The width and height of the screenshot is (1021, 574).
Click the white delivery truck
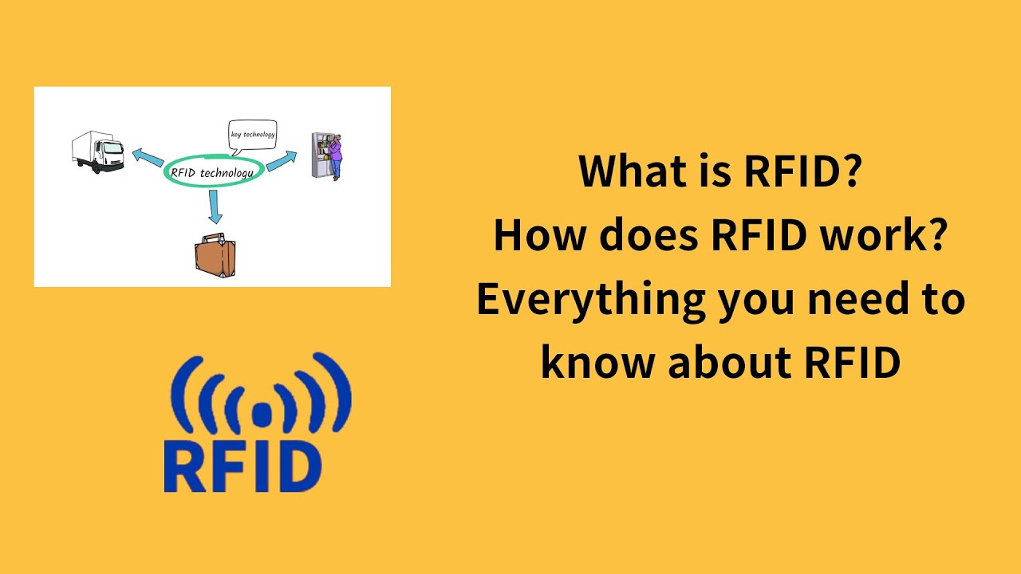click(x=97, y=151)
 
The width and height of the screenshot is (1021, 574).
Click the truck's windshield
click(x=113, y=148)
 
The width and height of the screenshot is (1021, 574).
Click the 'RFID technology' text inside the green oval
click(x=213, y=171)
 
